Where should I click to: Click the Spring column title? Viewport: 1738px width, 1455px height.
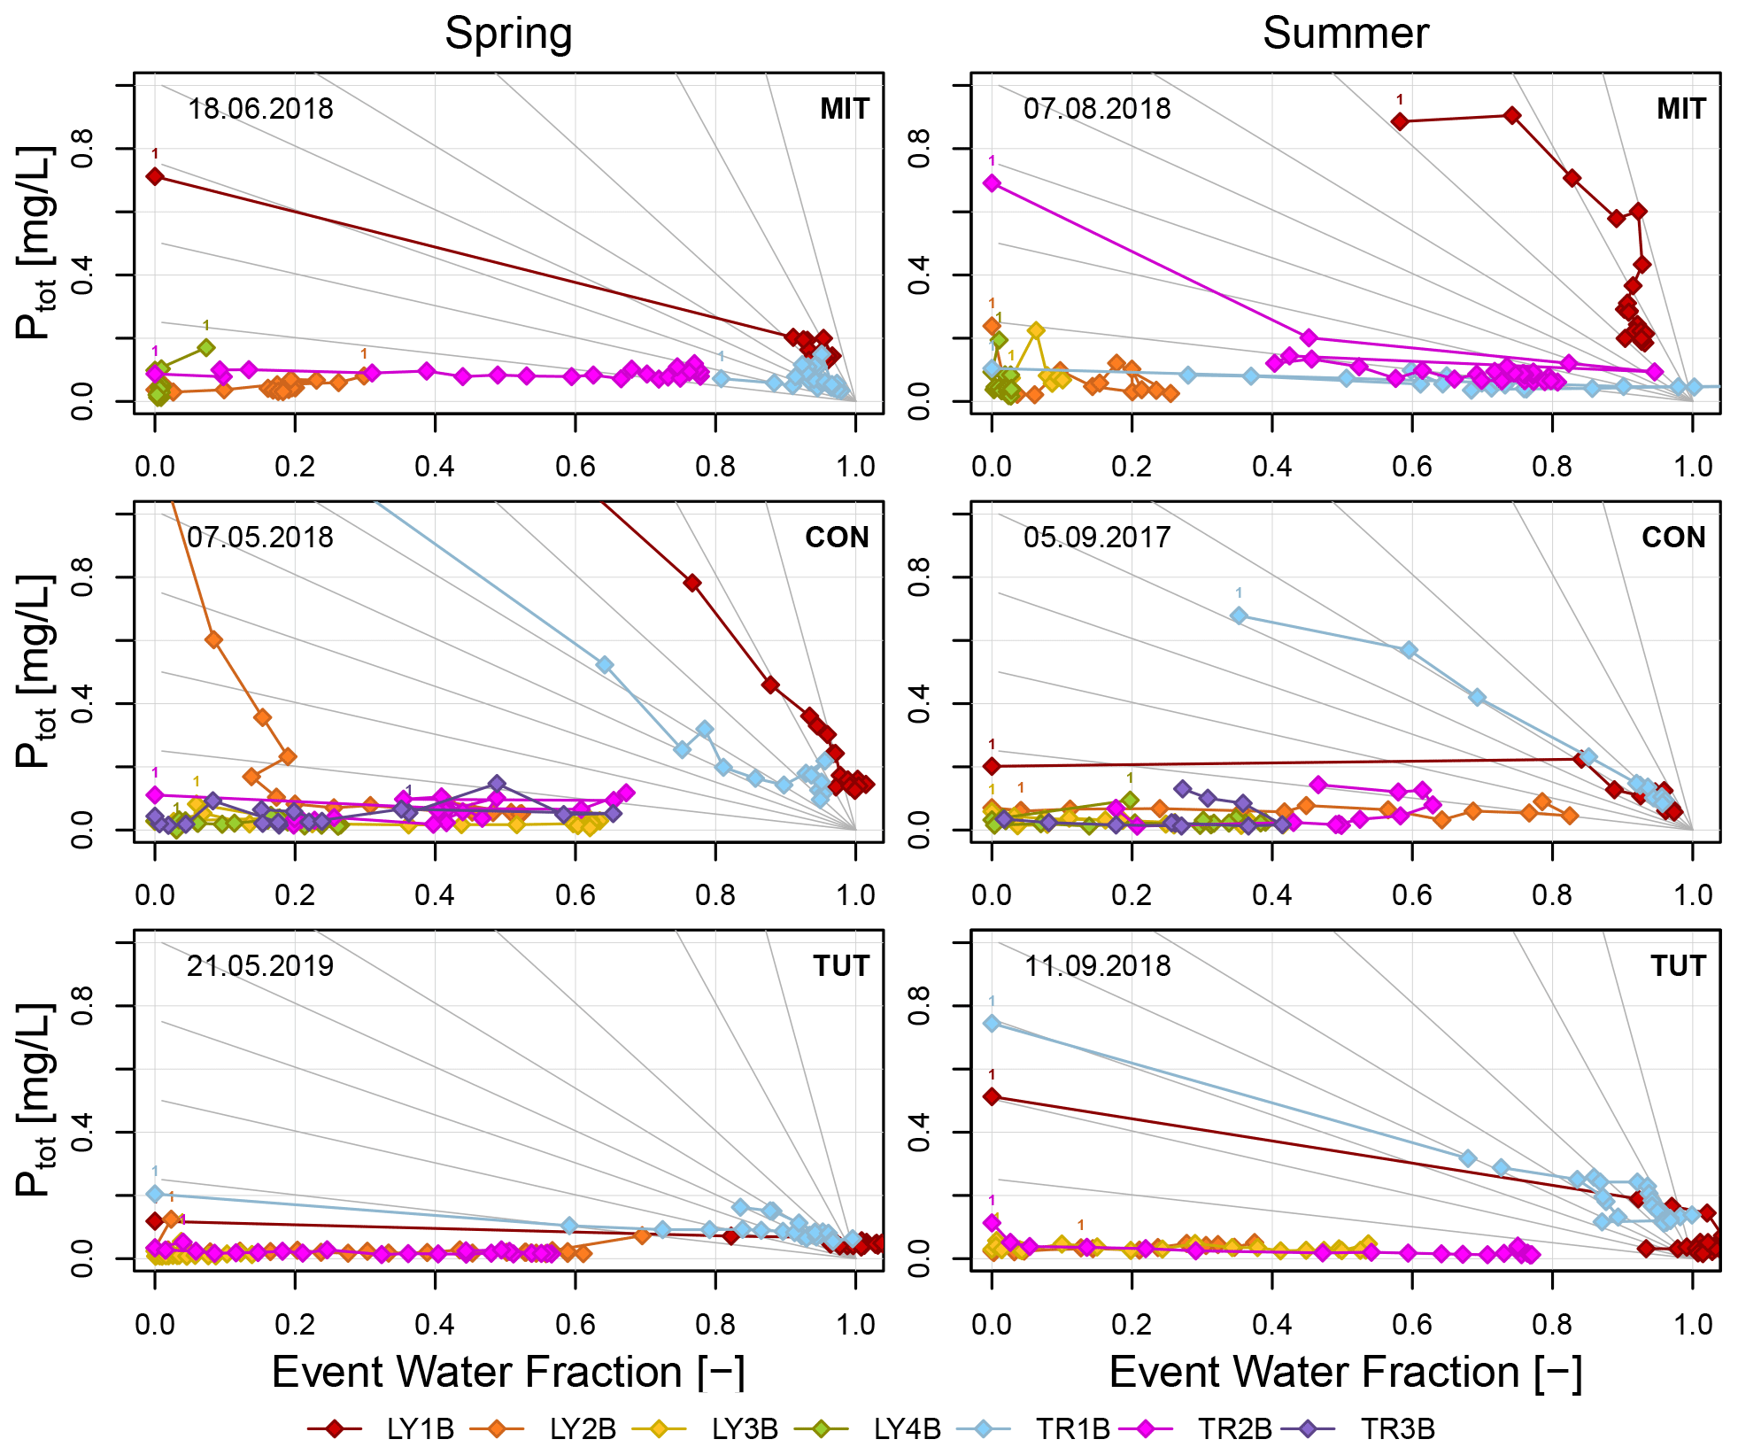[x=508, y=35]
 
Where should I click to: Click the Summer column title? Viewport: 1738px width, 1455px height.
[x=1345, y=35]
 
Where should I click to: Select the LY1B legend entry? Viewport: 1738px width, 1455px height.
[x=381, y=1428]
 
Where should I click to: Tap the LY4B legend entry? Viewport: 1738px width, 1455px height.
[x=868, y=1428]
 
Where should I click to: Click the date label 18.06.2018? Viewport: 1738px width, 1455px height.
[x=260, y=109]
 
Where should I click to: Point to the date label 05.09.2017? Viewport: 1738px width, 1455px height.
[x=1097, y=538]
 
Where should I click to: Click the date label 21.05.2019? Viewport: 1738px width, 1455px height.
[x=260, y=965]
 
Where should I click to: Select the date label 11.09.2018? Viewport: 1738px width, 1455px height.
[x=1097, y=965]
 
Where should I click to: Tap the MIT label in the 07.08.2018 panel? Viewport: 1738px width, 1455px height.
[x=1680, y=109]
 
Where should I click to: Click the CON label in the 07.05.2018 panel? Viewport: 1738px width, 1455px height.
[x=837, y=538]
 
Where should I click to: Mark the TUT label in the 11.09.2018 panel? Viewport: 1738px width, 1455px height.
[x=1677, y=965]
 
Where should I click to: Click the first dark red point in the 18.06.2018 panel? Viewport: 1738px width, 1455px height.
[x=155, y=176]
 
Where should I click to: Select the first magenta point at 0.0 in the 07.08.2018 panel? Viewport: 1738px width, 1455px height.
[x=992, y=182]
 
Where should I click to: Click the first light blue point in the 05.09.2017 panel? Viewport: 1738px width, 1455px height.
[x=1239, y=615]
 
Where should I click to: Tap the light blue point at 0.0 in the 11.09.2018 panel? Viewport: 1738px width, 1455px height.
[x=992, y=1023]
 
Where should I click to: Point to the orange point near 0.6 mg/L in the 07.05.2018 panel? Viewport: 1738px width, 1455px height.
[x=213, y=639]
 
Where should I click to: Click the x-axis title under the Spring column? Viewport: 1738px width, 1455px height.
[x=508, y=1373]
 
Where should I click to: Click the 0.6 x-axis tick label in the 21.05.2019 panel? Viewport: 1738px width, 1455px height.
[x=575, y=1324]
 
